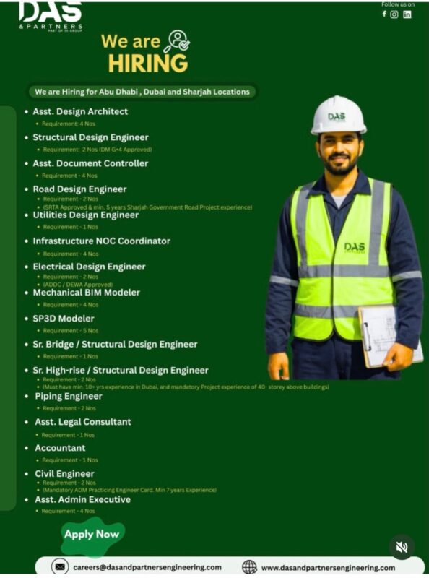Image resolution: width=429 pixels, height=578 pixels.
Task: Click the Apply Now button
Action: (91, 535)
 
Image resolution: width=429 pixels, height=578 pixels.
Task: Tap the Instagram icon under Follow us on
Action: (394, 14)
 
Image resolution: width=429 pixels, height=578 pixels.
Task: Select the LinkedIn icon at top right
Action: (407, 14)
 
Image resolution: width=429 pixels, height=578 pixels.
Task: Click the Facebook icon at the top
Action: (383, 14)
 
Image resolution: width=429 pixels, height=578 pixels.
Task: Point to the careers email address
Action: (147, 567)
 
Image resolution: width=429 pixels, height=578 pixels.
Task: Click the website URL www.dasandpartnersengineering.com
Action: (328, 568)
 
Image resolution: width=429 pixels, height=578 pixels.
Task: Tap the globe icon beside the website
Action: (249, 567)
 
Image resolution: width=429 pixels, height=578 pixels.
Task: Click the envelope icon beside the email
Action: (60, 567)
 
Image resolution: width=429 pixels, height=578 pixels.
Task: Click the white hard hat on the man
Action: (338, 115)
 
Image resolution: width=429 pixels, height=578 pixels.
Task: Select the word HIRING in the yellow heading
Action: (147, 63)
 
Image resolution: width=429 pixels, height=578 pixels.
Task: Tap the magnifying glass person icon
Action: (175, 40)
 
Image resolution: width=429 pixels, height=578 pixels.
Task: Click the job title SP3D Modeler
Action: (64, 319)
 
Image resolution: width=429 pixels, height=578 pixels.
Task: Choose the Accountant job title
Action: (60, 448)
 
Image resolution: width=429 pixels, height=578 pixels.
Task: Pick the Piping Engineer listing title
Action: (69, 396)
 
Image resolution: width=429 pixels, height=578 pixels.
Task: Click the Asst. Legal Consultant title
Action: (83, 422)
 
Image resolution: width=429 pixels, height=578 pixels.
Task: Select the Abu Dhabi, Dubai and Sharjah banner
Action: (142, 92)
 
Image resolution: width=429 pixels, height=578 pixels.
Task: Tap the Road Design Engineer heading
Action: (79, 189)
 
